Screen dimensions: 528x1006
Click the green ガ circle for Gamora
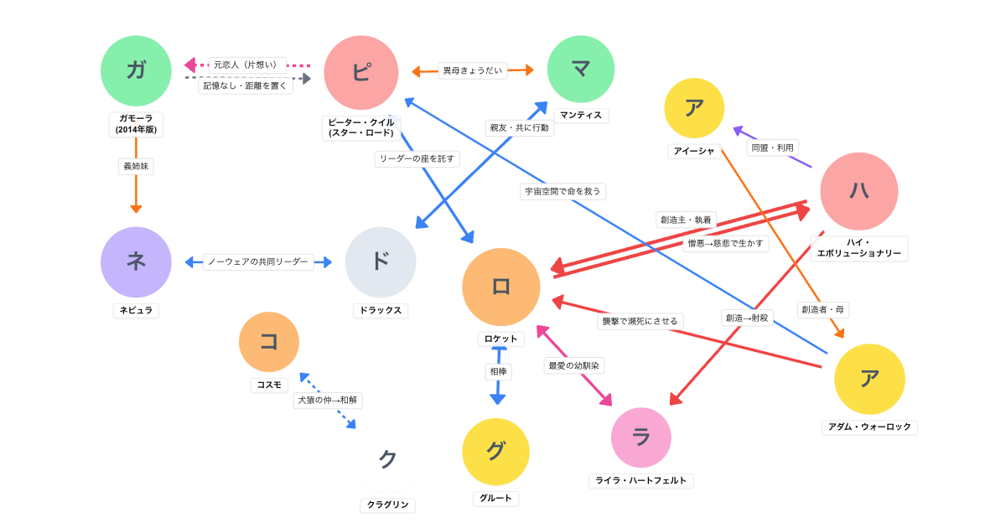[x=136, y=70]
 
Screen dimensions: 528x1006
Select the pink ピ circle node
[x=360, y=72]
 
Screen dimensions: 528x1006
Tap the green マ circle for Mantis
[x=581, y=70]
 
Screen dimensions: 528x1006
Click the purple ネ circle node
[x=136, y=262]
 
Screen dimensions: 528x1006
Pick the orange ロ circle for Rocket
[x=501, y=287]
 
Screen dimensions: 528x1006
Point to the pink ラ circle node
[x=641, y=437]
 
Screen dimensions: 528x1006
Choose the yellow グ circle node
[x=495, y=452]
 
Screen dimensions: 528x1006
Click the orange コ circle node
[x=269, y=342]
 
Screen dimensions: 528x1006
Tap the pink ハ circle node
[x=858, y=191]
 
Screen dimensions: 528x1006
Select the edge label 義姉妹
[x=136, y=166]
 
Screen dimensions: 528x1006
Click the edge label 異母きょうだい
[x=473, y=70]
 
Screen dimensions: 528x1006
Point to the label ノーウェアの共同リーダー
[x=258, y=262]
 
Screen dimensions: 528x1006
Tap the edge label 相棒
[x=498, y=370]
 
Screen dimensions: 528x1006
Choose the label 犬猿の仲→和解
[x=328, y=400]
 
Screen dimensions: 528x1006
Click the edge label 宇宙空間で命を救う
[x=563, y=191]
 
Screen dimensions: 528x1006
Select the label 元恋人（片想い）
[x=247, y=65]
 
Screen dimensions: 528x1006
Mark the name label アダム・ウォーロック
[x=869, y=427]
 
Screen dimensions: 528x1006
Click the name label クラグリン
[x=388, y=505]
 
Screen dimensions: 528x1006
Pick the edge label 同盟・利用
[x=772, y=148]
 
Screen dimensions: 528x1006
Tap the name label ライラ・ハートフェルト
[x=641, y=480]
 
